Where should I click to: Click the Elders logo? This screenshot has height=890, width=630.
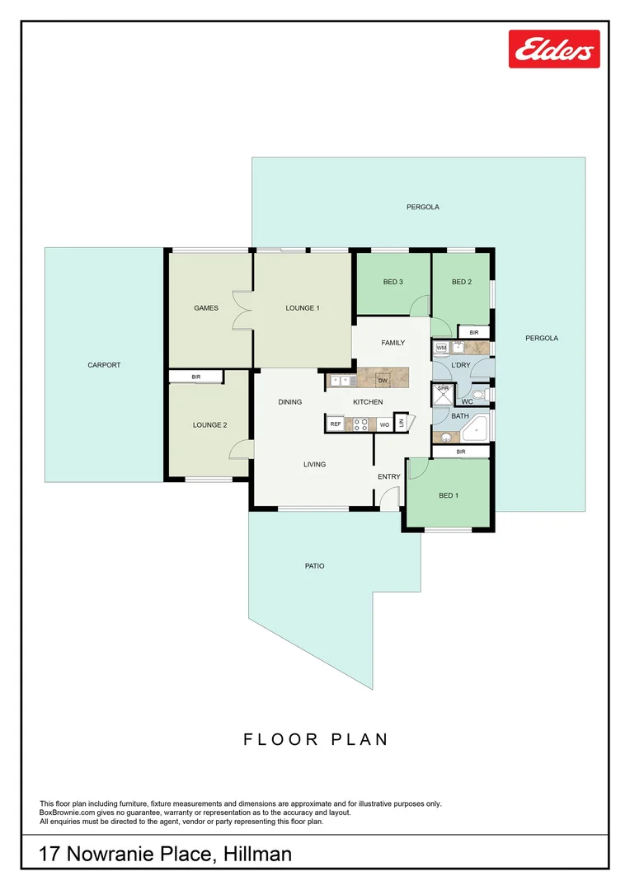coord(554,49)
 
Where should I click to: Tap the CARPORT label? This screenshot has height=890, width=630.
coord(104,365)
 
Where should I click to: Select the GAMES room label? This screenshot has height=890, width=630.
coord(206,308)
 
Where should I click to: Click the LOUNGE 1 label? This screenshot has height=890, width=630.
coord(303,308)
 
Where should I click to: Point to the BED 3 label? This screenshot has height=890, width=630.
coord(393,282)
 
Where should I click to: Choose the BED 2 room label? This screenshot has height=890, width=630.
coord(462,282)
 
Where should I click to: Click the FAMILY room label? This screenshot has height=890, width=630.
coord(393,343)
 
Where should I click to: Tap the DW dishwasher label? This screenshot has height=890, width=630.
coord(383,381)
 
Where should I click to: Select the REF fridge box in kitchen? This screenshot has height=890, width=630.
coord(336,424)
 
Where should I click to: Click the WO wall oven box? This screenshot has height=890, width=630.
coord(384,424)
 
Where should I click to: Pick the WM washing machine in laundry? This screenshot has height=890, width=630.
coord(441,349)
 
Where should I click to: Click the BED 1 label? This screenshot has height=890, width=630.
coord(447,495)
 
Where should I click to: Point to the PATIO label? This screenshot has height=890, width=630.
coord(313,566)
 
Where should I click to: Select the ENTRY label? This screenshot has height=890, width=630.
coord(389,477)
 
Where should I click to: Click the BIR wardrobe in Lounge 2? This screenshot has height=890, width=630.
coord(196,377)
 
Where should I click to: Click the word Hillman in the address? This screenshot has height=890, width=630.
coord(257,855)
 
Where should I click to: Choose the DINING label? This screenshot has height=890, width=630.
coord(289,402)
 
